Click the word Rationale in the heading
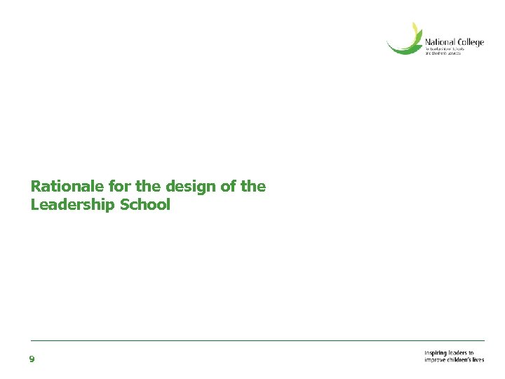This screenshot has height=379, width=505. tap(67, 187)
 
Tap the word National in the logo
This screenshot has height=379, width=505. tap(440, 42)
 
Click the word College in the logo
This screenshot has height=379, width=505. tap(471, 43)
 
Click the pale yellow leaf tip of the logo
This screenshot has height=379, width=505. tap(416, 29)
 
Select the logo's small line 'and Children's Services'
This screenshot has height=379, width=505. tap(443, 54)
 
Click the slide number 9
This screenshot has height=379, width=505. tap(32, 359)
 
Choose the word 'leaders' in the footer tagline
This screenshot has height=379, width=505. tap(460, 353)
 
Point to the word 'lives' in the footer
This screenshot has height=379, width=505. tap(478, 360)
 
